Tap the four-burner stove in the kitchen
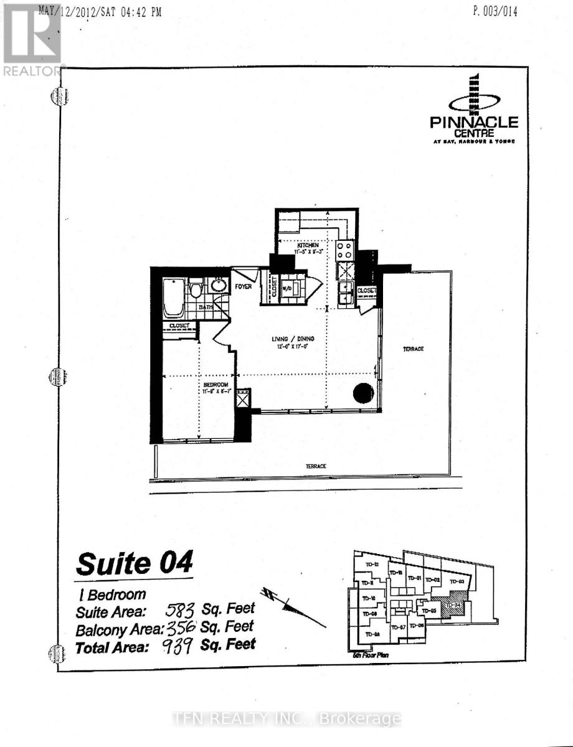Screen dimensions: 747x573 point(345,250)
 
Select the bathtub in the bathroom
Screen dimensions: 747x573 point(174,298)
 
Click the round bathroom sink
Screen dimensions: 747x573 point(217,286)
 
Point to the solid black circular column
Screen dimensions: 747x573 point(363,393)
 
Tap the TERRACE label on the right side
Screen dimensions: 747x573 point(413,349)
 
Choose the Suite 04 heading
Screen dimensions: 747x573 point(134,563)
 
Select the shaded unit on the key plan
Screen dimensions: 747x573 point(457,603)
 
